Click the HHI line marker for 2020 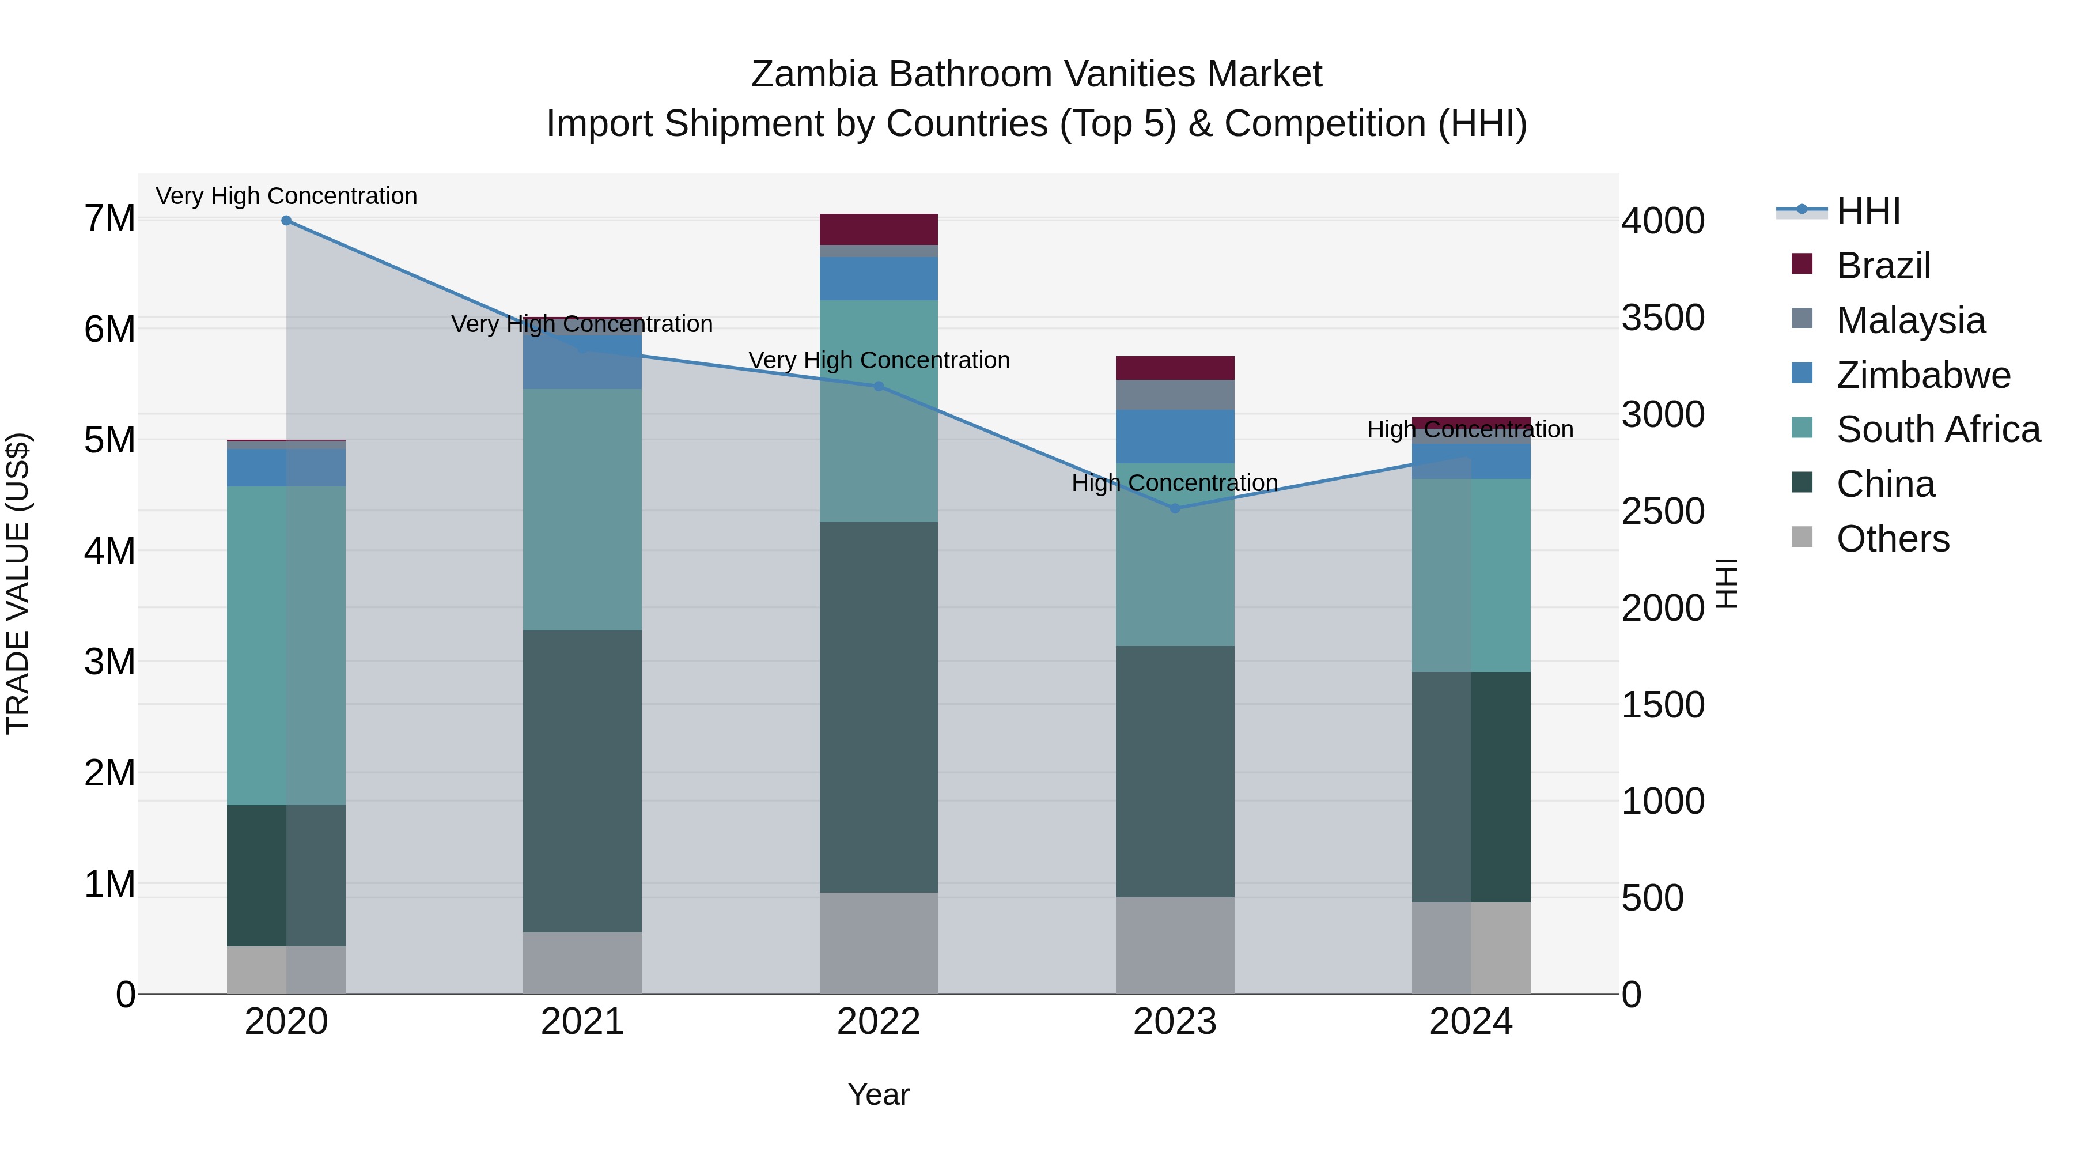287,221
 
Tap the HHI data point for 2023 1175,508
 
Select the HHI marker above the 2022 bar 879,387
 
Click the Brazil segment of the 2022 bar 879,229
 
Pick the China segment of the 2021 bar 582,781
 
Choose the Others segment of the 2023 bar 1175,946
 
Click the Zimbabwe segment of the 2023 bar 1175,436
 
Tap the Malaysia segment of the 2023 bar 1175,395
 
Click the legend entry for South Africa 1938,429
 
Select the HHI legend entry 1868,211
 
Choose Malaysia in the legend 1910,320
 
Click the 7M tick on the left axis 109,218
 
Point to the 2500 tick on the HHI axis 1663,511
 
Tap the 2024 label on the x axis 1471,1022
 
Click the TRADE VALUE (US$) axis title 18,583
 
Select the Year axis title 879,1094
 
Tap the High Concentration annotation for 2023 1175,484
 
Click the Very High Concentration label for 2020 287,197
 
